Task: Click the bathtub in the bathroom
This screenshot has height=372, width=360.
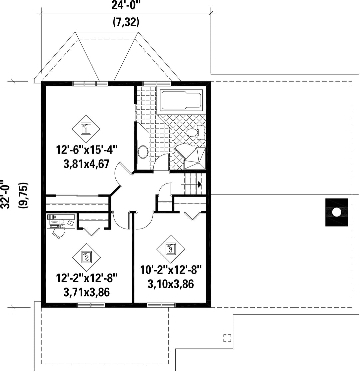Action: click(x=182, y=100)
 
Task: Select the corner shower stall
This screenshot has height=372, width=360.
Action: click(x=194, y=158)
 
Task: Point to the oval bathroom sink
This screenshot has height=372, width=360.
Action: click(x=143, y=152)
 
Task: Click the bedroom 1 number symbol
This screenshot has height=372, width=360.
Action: click(x=86, y=129)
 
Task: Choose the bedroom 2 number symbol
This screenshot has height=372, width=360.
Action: click(x=86, y=257)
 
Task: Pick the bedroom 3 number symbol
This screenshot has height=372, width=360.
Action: click(x=170, y=249)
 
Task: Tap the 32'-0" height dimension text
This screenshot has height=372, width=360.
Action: click(x=6, y=194)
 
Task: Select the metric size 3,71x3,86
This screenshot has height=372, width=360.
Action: click(x=87, y=292)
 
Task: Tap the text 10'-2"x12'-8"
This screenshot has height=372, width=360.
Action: click(x=171, y=270)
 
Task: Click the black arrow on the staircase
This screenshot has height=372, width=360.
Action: click(x=200, y=184)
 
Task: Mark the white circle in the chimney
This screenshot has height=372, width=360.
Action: click(x=336, y=212)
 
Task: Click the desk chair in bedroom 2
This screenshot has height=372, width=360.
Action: click(x=58, y=233)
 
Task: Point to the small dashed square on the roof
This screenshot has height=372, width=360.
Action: click(x=227, y=338)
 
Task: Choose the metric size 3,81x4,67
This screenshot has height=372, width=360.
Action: click(x=86, y=164)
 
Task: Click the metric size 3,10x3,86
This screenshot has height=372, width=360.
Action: click(x=171, y=284)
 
